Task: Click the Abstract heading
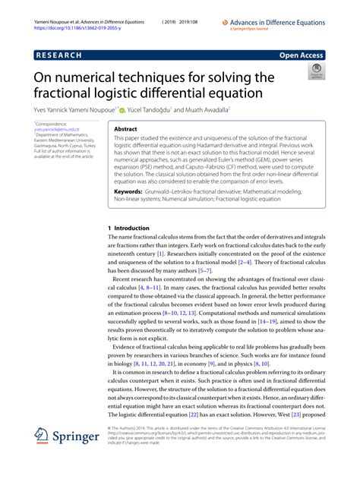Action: click(125, 129)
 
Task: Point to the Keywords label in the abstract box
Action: click(131, 192)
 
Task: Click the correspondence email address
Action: click(55, 130)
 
